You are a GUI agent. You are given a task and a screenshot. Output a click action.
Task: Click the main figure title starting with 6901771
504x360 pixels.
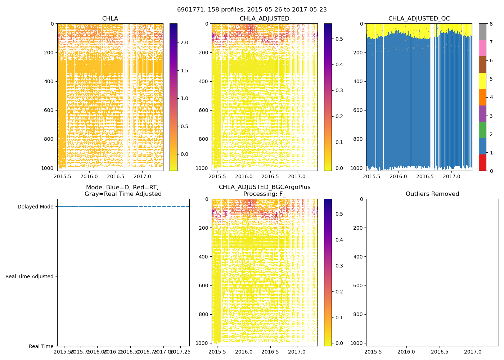tap(252, 10)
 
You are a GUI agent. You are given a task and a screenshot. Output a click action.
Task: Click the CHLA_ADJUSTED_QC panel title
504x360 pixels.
tap(419, 19)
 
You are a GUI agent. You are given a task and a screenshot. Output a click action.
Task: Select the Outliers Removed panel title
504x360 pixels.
tap(432, 194)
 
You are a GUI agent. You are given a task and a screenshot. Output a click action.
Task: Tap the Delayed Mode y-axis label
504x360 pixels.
tap(35, 207)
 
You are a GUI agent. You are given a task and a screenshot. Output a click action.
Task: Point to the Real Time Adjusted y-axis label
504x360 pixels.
tap(30, 276)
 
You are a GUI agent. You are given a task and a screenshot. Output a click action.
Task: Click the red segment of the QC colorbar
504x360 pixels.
tap(482, 162)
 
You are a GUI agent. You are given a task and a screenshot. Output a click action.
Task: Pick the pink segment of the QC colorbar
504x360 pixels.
tap(482, 48)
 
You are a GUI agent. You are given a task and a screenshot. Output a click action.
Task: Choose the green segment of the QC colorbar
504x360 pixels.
tap(482, 130)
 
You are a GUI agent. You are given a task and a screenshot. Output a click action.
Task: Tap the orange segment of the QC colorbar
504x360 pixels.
tap(482, 97)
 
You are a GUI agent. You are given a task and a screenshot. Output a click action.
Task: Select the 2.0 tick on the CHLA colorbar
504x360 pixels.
tap(184, 42)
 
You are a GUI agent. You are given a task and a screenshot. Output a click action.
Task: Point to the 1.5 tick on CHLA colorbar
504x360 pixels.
tap(184, 71)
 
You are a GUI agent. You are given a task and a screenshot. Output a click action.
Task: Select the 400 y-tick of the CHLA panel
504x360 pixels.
tap(49, 81)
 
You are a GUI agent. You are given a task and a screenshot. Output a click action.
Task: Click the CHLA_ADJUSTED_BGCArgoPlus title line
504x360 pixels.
tap(264, 187)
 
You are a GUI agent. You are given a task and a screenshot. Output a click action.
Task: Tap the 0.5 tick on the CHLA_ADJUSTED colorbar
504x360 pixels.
tap(339, 39)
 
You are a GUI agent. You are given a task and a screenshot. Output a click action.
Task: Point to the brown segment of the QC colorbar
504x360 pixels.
tap(482, 64)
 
